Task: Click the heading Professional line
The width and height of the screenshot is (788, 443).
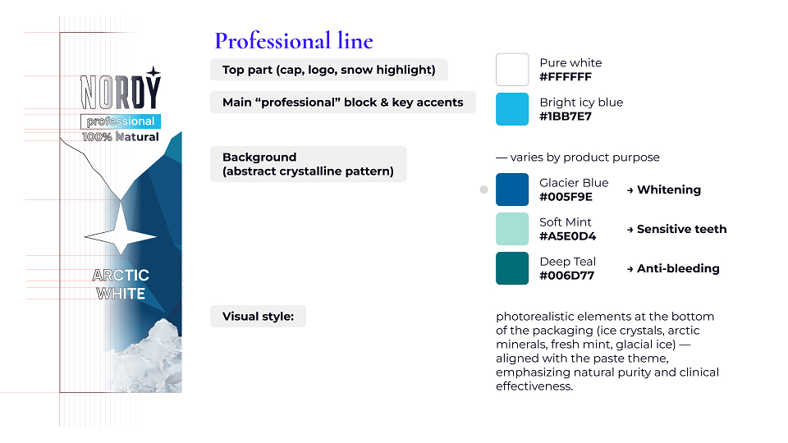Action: click(x=294, y=41)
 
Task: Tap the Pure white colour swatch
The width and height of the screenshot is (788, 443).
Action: click(x=512, y=70)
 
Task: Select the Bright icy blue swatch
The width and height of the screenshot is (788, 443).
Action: click(x=512, y=109)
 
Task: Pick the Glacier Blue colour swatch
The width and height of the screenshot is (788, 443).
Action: click(x=512, y=190)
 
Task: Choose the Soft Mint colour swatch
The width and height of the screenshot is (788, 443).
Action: click(x=512, y=229)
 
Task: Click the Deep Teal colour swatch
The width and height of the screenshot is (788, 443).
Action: click(x=512, y=268)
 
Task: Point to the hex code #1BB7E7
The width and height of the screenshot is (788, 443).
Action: click(x=566, y=116)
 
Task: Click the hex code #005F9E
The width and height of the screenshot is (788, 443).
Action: click(x=566, y=197)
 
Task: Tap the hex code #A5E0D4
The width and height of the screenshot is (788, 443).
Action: click(x=567, y=236)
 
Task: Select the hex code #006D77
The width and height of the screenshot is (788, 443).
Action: click(x=567, y=276)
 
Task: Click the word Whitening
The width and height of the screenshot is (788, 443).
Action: click(x=669, y=190)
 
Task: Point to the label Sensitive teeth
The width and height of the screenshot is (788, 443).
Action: click(x=682, y=229)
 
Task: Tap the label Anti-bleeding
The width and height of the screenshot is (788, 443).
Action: click(x=679, y=269)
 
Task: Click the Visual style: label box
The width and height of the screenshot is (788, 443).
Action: click(x=258, y=317)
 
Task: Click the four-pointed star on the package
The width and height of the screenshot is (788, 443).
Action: click(x=121, y=236)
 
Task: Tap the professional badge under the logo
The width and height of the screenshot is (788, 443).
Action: click(x=121, y=121)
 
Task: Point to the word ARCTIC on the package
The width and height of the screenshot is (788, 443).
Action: click(x=121, y=276)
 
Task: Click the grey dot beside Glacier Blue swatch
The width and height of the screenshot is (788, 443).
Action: click(x=483, y=190)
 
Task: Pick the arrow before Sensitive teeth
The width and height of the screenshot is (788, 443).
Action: click(x=630, y=230)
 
